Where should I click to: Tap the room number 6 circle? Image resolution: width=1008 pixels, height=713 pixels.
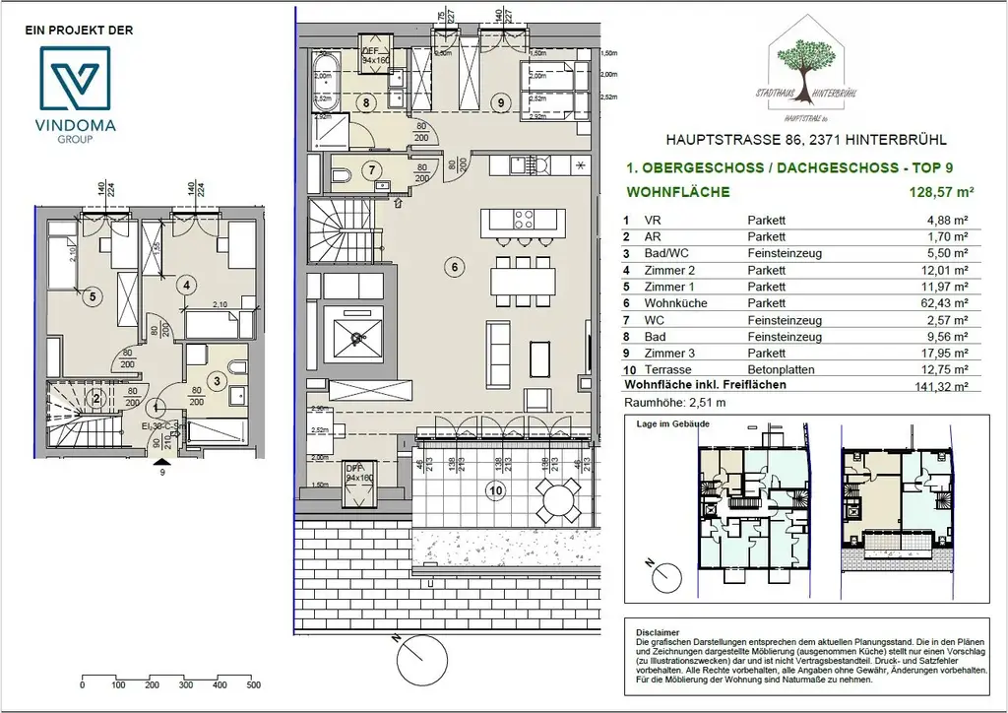point(454,264)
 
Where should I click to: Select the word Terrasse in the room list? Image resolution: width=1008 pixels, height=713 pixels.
point(666,369)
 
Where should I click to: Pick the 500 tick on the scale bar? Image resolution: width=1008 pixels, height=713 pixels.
point(253,684)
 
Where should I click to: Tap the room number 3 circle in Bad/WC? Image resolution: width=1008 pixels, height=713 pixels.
point(216,379)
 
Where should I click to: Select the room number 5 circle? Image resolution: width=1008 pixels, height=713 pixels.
point(91,295)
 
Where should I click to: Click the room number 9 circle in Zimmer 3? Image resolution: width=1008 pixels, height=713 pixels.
point(500,100)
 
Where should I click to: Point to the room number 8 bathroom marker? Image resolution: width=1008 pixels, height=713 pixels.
point(365,101)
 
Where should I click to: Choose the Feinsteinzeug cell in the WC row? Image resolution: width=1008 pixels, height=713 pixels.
point(785,319)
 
